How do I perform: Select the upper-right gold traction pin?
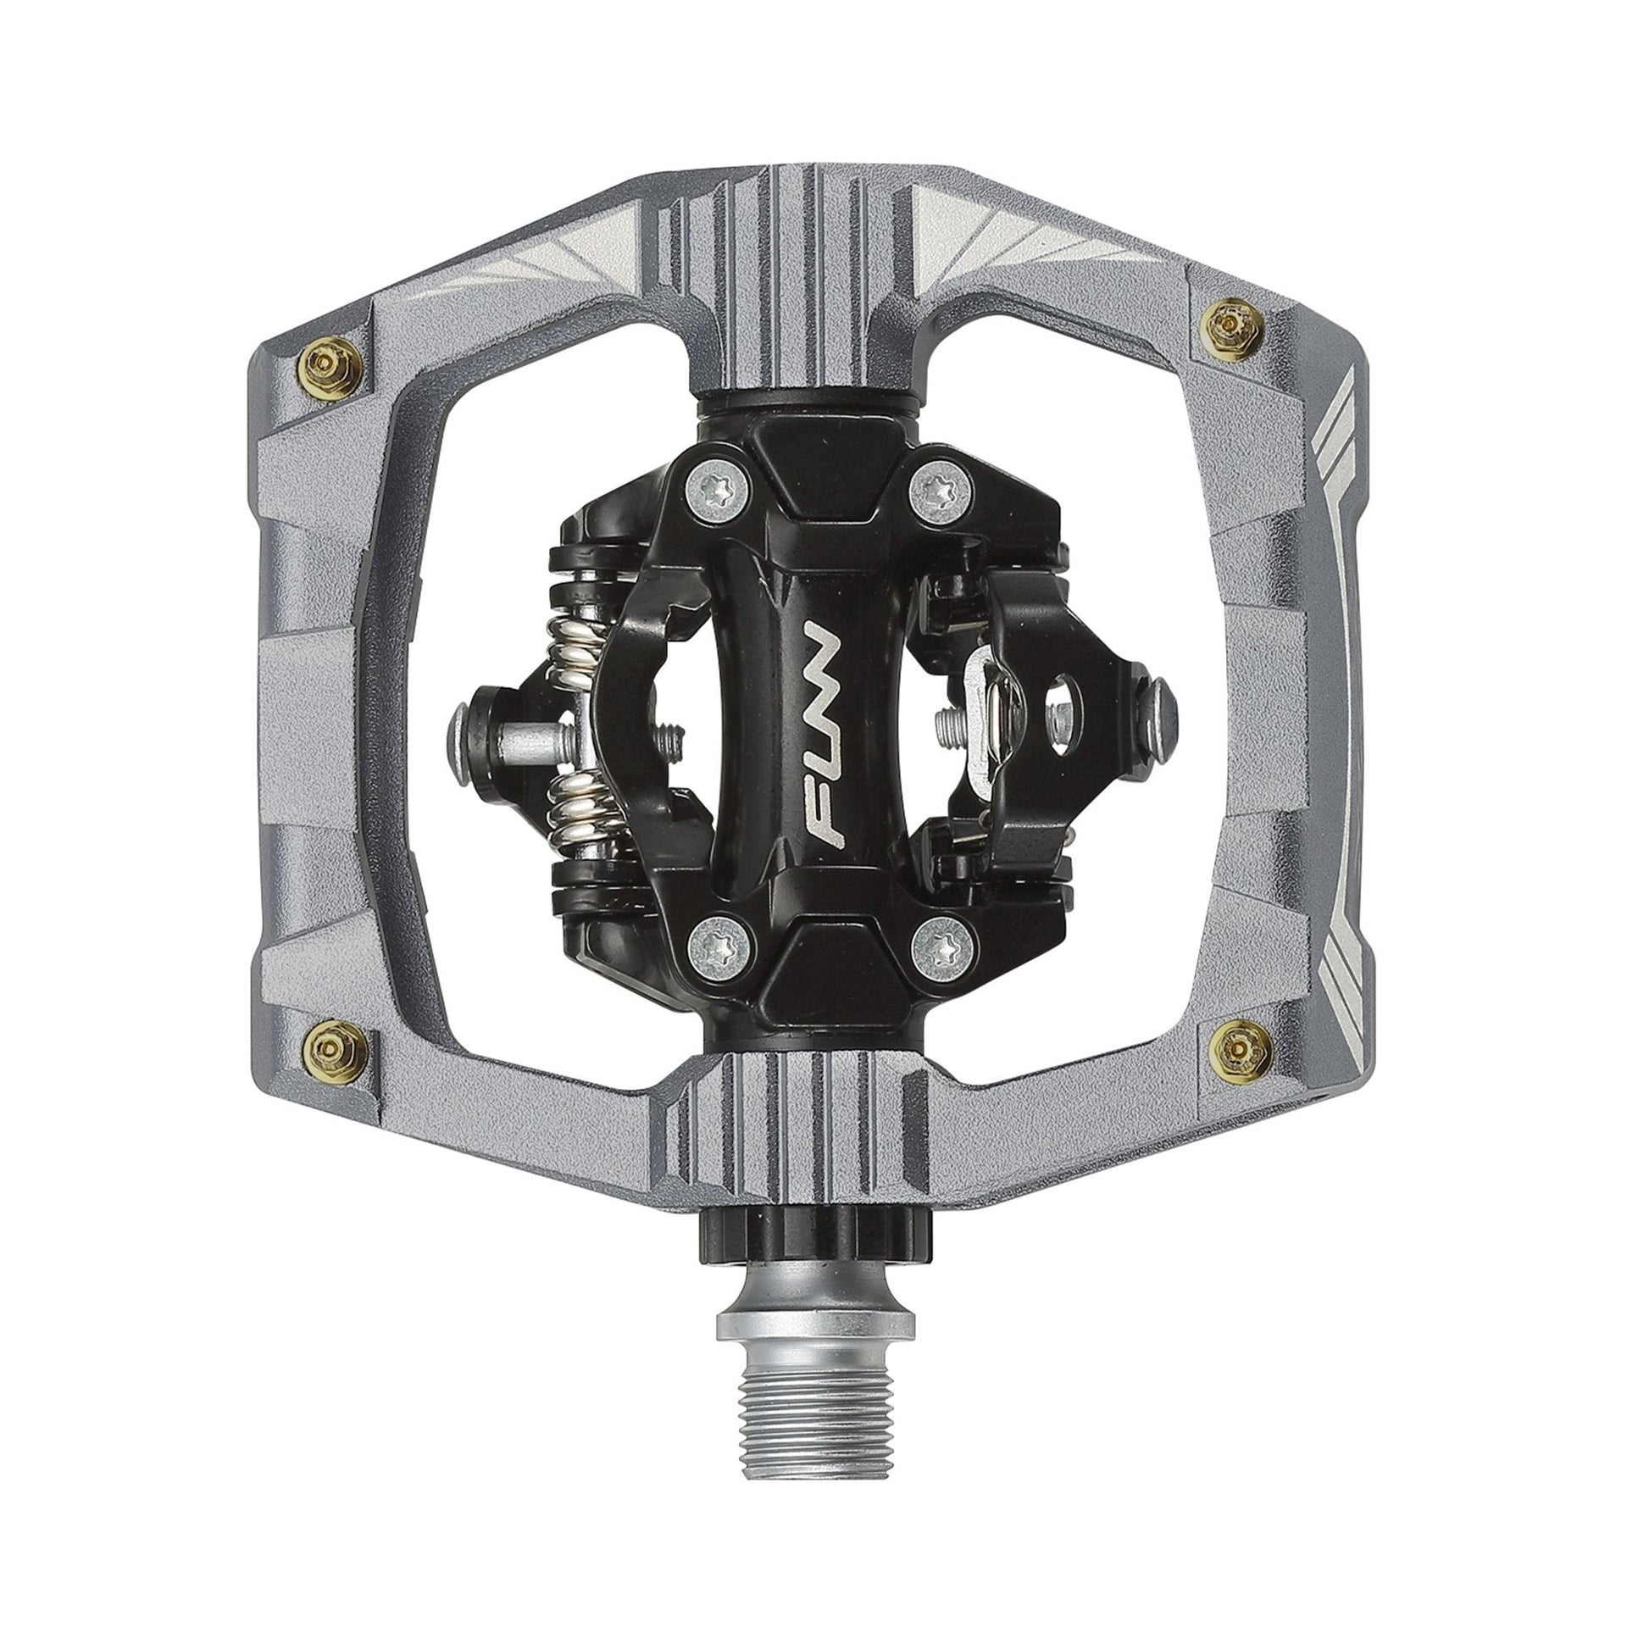click(x=1228, y=319)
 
